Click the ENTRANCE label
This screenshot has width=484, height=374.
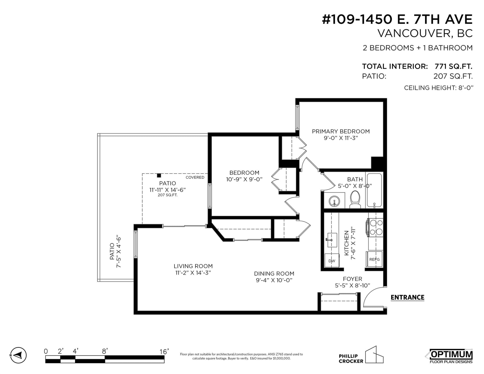(x=407, y=298)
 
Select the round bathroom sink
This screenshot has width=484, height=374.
(x=335, y=201)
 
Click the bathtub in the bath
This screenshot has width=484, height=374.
(x=374, y=190)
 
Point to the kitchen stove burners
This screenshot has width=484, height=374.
(x=375, y=227)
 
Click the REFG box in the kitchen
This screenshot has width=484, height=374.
(x=374, y=259)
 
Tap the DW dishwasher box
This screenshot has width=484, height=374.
(x=332, y=261)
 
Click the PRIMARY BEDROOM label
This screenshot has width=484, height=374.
(x=341, y=131)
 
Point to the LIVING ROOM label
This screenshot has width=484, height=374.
(x=193, y=266)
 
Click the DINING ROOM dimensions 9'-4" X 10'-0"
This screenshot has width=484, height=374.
(x=274, y=280)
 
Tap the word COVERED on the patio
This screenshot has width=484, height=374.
(x=195, y=177)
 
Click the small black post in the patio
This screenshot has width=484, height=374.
(x=159, y=175)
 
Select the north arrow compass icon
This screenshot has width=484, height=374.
(x=18, y=355)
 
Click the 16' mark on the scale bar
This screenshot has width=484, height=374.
(x=164, y=352)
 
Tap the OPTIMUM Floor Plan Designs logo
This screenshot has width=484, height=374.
(x=451, y=356)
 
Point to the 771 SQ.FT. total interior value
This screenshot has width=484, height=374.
(x=453, y=66)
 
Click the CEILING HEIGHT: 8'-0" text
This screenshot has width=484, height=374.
(x=438, y=88)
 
